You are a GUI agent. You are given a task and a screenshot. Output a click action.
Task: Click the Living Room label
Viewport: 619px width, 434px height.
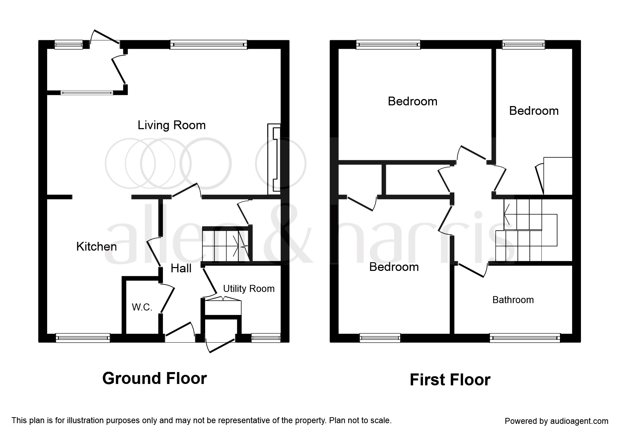pos(171,125)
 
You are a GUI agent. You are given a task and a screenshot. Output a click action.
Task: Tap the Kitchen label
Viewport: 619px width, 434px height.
pos(96,246)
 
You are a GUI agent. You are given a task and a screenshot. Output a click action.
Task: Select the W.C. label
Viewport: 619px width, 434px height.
pos(142,307)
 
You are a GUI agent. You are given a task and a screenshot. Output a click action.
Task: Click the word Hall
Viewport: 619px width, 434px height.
pos(181,268)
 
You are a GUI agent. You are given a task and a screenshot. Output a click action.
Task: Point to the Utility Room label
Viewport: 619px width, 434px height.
pos(249,289)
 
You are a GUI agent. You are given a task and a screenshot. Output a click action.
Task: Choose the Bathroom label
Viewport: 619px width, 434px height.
pos(513,300)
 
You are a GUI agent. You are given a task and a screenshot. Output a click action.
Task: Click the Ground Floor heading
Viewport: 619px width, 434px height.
pos(154,378)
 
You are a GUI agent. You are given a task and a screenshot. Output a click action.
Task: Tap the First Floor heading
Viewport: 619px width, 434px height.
pos(450,380)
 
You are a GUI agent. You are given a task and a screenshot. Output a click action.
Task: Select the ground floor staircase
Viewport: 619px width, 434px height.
pos(225,244)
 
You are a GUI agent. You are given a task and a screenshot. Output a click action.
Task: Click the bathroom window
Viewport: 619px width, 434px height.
pos(525,338)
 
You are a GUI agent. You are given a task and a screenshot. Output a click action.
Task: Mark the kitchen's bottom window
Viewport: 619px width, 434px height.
pos(83,338)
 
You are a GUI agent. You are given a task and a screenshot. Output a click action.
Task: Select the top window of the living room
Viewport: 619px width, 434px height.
pos(209,44)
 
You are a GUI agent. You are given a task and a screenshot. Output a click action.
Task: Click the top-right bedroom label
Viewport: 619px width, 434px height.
pos(534,111)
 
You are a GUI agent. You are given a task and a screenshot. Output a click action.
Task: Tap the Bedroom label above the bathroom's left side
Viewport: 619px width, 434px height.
pos(394,267)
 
